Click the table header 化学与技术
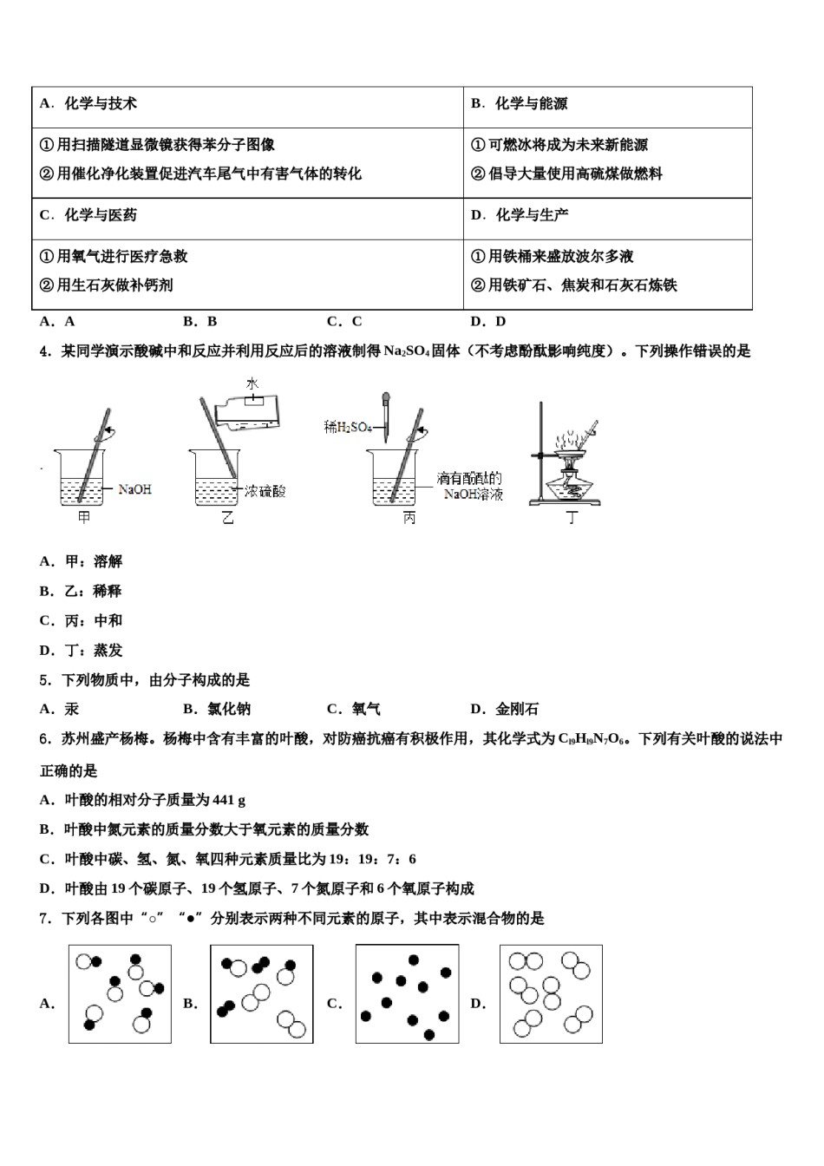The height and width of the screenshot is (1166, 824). click(x=101, y=103)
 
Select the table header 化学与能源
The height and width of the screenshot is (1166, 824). click(x=531, y=103)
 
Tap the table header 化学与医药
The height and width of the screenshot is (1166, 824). click(x=101, y=214)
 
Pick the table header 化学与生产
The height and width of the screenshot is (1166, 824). click(x=531, y=214)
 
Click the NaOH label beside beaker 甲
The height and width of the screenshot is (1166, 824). click(x=134, y=489)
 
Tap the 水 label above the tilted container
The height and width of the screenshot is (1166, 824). click(x=252, y=383)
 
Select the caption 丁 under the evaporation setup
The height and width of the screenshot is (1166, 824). click(x=572, y=518)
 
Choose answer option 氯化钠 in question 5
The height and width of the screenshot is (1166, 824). click(x=229, y=709)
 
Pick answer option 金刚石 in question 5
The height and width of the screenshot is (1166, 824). click(x=516, y=709)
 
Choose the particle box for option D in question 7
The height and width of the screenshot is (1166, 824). click(x=551, y=994)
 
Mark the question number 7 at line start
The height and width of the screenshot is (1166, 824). click(x=44, y=918)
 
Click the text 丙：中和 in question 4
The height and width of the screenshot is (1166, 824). click(x=94, y=620)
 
